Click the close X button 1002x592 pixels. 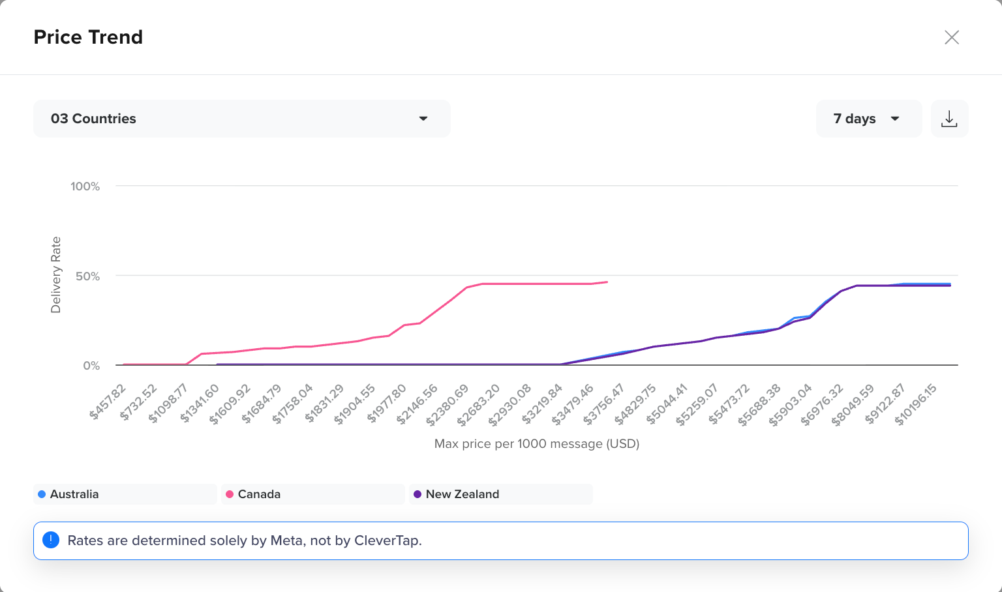point(952,38)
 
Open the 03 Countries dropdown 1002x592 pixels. point(241,119)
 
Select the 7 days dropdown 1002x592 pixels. point(869,119)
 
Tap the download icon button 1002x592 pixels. point(949,119)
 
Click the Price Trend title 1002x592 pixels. point(88,37)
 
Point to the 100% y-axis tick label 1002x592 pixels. point(85,186)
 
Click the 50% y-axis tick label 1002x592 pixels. point(87,276)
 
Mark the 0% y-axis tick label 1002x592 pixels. point(91,366)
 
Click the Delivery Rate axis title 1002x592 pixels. point(55,275)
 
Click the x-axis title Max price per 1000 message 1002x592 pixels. point(537,443)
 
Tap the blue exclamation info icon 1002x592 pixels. point(51,540)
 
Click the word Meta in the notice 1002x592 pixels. point(286,540)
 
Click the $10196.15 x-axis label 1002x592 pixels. point(916,404)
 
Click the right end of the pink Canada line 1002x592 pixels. point(607,282)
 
